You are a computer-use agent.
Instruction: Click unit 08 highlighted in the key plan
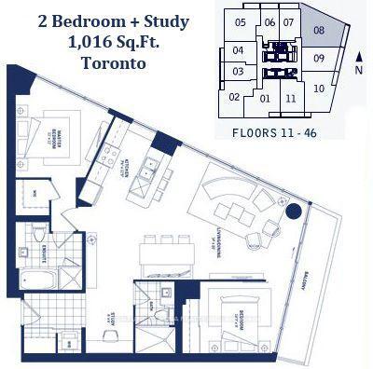tap(319, 31)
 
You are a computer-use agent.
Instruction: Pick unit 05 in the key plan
tap(241, 22)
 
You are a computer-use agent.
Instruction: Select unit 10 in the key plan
tap(319, 89)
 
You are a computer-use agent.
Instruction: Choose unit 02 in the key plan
tap(234, 96)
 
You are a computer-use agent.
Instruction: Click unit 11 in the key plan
tap(291, 98)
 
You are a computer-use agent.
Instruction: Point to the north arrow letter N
tap(360, 69)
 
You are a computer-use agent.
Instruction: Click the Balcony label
tap(311, 280)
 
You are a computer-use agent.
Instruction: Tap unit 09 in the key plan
tap(319, 59)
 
